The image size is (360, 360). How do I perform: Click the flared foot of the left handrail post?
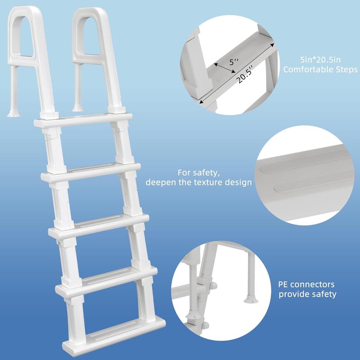13,113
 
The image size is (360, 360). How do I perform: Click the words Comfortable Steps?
320,69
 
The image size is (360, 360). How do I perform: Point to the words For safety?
196,172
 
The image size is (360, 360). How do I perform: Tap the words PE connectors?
307,285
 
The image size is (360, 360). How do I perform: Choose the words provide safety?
308,294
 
